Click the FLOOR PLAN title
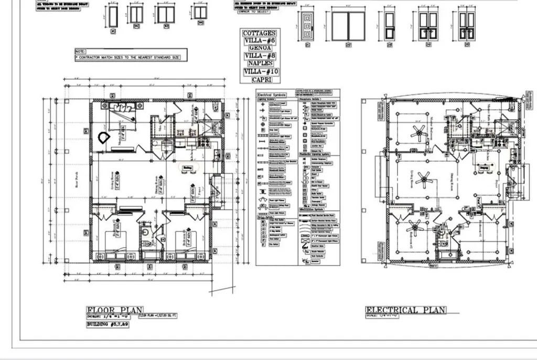tap(115, 311)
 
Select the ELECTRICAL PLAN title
tap(405, 310)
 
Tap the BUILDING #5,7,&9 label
tap(108, 325)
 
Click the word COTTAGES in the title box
tap(260, 33)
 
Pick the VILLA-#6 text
tap(260, 40)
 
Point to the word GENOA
tap(260, 48)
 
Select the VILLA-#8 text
tap(260, 56)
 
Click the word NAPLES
tap(260, 63)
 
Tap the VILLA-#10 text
tap(260, 71)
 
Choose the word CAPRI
tap(260, 79)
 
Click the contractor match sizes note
tap(131, 57)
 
